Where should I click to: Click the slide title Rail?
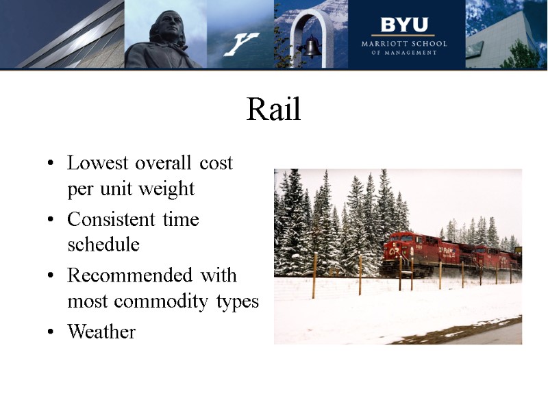point(274,110)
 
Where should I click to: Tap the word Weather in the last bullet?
point(101,332)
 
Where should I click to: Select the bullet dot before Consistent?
point(51,221)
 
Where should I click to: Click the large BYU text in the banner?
point(403,25)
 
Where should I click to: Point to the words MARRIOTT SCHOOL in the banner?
point(403,43)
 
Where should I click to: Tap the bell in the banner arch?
point(312,47)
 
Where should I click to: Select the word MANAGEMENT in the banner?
point(410,52)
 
